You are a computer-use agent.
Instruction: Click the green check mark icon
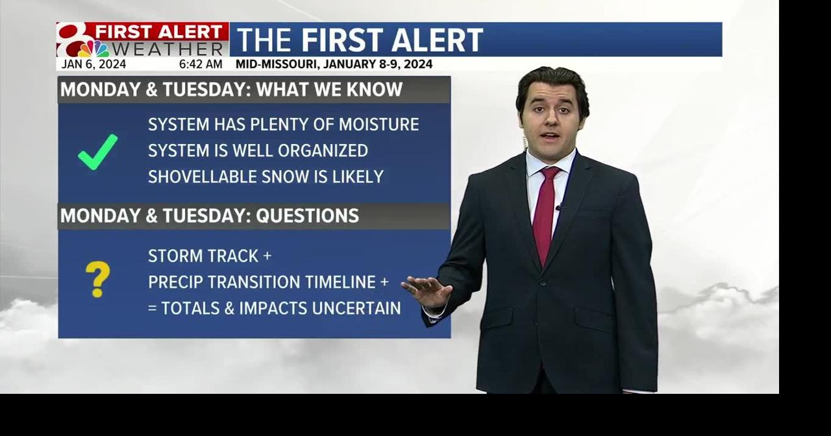coord(97,152)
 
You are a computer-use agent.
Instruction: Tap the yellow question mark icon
coord(97,280)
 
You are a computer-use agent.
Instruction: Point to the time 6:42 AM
coord(201,64)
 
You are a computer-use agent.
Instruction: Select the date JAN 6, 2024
coord(93,64)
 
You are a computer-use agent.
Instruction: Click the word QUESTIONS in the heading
coord(307,216)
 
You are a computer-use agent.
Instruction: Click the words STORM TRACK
coord(203,256)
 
